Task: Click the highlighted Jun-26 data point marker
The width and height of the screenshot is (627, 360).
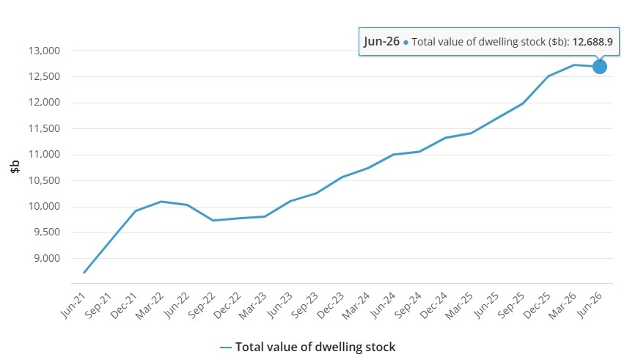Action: click(x=599, y=67)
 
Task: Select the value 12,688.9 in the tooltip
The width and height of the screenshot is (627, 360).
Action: click(x=593, y=42)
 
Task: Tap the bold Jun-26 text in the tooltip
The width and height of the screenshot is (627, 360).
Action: click(x=381, y=41)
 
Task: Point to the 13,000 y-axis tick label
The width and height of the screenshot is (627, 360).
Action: click(x=44, y=51)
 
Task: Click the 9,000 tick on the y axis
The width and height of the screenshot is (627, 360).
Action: click(x=47, y=258)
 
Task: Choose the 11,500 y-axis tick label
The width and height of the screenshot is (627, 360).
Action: click(x=44, y=129)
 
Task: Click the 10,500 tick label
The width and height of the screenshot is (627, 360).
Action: click(x=44, y=181)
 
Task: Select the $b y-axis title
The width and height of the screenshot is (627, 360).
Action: click(x=15, y=166)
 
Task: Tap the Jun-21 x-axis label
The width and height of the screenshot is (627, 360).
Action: click(x=73, y=306)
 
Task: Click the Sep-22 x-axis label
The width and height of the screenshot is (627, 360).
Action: click(x=202, y=306)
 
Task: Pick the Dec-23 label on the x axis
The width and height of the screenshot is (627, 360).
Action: click(x=331, y=306)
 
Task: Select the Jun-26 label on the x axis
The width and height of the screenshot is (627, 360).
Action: click(x=589, y=306)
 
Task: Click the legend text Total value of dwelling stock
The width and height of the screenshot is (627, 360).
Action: click(x=315, y=347)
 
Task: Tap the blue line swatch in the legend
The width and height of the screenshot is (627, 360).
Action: click(x=226, y=348)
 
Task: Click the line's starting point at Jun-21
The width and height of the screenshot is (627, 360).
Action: click(x=84, y=273)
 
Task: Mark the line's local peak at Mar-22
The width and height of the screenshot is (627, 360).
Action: click(x=161, y=202)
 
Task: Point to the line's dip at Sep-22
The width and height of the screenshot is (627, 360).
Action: click(x=213, y=221)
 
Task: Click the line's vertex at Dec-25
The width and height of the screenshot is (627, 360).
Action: click(x=549, y=76)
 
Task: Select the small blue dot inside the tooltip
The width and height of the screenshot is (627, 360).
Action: click(x=406, y=43)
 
